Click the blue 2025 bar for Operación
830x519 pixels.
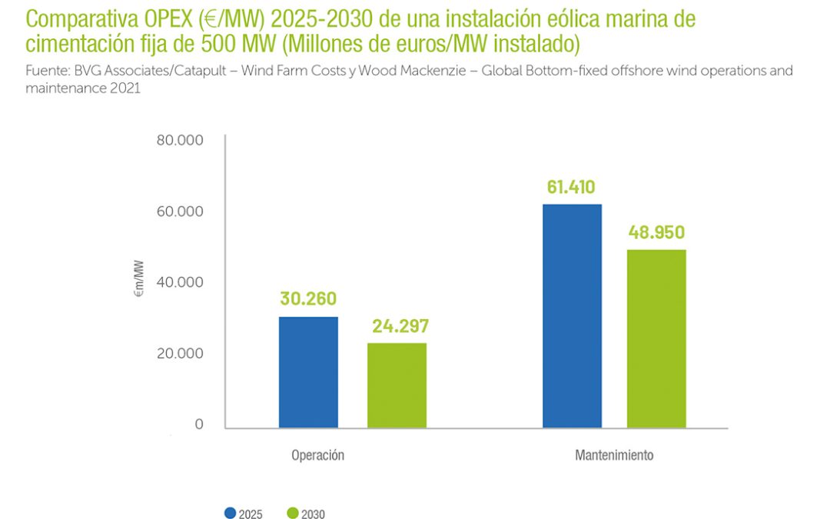308,372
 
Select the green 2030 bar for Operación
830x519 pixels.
397,385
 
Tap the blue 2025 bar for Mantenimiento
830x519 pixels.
572,316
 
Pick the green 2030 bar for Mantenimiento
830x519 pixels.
656,338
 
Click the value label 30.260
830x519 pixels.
307,299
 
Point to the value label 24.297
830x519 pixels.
400,326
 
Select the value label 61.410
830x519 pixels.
571,187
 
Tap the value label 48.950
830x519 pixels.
656,232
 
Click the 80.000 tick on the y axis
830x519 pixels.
180,141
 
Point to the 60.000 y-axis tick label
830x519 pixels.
180,211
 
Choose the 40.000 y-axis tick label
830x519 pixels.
180,282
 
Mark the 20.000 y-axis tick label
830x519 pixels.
180,354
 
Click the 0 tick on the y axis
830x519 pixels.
198,424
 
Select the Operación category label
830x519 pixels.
317,455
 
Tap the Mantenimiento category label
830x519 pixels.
614,455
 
